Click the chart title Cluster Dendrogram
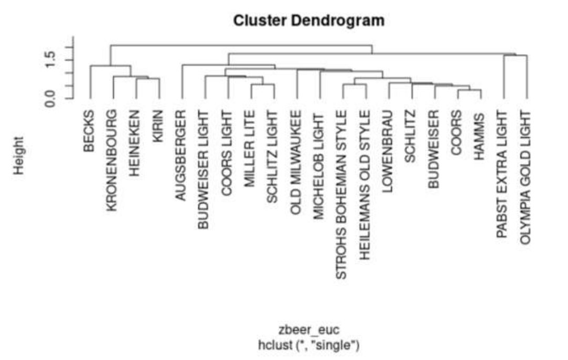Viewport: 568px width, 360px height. point(309,20)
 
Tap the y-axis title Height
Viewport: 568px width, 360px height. point(18,156)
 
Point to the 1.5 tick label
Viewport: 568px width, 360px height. point(50,60)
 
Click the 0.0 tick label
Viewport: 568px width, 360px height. point(50,98)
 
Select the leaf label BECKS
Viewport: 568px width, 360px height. point(89,131)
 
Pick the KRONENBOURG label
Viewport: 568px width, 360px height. point(112,160)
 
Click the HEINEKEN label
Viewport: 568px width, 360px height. point(135,143)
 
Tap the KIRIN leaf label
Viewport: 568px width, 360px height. point(158,126)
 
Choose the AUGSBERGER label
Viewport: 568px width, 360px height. point(180,155)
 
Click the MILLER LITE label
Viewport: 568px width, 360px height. point(250,149)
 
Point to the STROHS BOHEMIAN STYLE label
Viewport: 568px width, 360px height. point(342,194)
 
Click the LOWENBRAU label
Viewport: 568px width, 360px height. point(388,151)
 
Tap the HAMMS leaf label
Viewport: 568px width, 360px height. point(480,137)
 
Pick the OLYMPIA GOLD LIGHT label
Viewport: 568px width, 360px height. point(525,177)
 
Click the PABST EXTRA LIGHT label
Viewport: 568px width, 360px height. point(502,174)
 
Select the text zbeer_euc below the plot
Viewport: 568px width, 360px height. point(309,331)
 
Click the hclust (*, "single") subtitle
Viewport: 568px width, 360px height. point(309,345)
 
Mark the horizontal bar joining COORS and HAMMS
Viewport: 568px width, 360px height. point(470,90)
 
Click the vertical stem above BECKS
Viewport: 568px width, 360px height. point(90,82)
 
